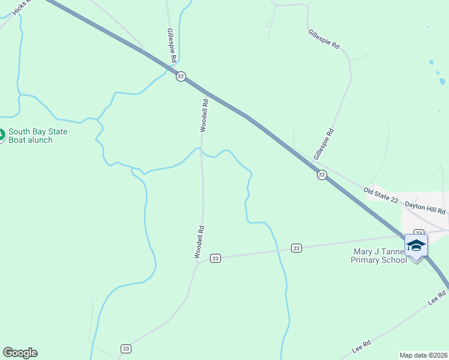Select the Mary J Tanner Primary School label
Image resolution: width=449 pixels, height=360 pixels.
tap(381, 256)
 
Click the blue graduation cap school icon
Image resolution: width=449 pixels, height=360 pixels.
tap(416, 245)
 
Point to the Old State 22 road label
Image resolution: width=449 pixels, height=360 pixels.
tap(381, 195)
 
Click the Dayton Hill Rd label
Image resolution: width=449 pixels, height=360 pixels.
tap(425, 207)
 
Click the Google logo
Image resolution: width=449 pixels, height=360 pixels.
tap(20, 353)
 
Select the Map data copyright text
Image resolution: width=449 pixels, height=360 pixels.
tap(424, 355)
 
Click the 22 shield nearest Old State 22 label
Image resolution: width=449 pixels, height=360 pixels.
tap(322, 175)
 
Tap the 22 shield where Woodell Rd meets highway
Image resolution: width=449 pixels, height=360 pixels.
tap(181, 76)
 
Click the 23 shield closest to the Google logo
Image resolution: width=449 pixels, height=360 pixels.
tap(126, 349)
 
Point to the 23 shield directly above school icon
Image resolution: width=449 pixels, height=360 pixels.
tap(419, 232)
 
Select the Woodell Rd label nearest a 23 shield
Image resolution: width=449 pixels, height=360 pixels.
tap(200, 242)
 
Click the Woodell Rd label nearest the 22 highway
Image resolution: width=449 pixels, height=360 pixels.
tap(204, 115)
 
